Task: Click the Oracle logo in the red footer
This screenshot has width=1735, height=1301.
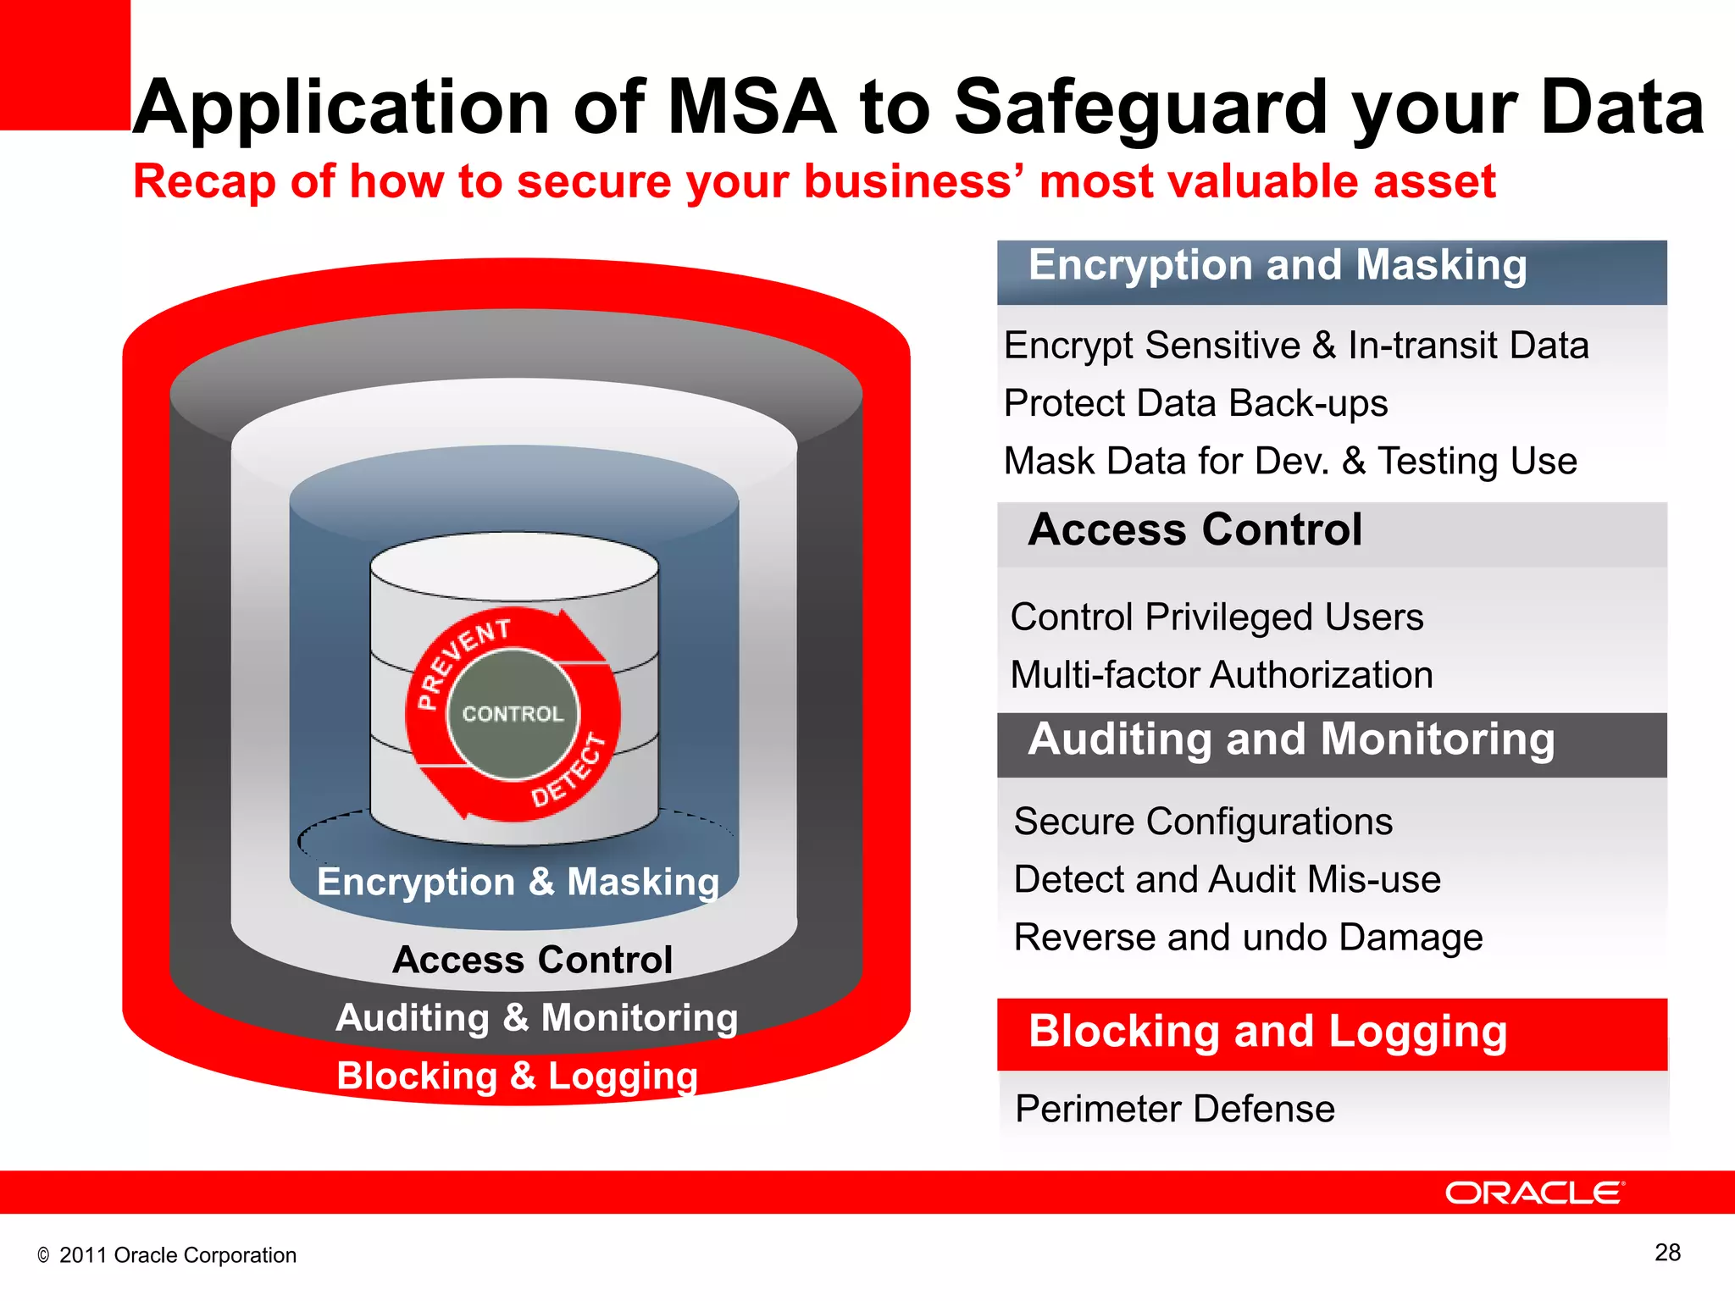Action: [x=1534, y=1193]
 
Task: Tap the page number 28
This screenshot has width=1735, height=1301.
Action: [x=1667, y=1253]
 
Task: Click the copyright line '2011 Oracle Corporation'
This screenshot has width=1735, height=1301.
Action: [x=177, y=1255]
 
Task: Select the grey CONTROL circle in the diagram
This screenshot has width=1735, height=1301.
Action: [x=513, y=714]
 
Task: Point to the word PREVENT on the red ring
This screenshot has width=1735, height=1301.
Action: [x=463, y=661]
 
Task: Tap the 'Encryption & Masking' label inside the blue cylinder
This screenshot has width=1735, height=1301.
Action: [x=518, y=882]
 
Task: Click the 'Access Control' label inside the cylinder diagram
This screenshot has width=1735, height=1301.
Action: [x=532, y=960]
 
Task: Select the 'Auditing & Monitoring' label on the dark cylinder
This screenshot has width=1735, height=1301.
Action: [x=537, y=1017]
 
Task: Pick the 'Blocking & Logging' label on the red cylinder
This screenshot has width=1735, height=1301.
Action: [x=518, y=1076]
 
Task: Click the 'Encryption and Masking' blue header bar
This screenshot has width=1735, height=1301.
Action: [x=1331, y=271]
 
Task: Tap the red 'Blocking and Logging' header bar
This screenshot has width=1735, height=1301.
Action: [x=1331, y=1033]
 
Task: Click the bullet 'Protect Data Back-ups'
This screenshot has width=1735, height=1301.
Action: [x=1195, y=403]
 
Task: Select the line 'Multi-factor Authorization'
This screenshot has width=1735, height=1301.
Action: [x=1221, y=675]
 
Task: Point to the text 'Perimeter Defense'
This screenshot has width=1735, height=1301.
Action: [x=1174, y=1109]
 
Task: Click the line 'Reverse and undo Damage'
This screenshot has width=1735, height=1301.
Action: [x=1248, y=938]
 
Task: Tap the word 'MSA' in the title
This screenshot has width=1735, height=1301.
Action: [x=753, y=108]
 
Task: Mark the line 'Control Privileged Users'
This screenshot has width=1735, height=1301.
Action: [x=1217, y=617]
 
